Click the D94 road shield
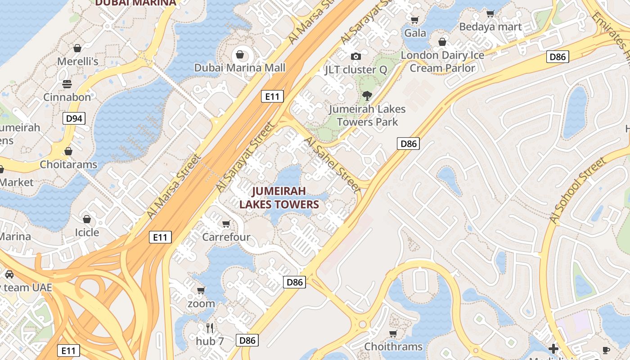pos(74,119)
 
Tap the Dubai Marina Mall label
pos(240,68)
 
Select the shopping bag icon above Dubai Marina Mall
pos(240,55)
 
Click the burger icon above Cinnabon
pos(67,84)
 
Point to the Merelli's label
pos(78,61)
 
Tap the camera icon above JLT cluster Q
pos(356,56)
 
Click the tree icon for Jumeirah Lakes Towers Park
pos(367,95)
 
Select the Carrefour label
pos(226,237)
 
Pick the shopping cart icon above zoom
pos(201,290)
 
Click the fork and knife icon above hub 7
pos(210,328)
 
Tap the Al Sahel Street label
pos(333,165)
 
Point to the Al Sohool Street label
pos(578,190)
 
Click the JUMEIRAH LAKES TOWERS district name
pos(279,198)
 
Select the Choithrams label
pos(393,346)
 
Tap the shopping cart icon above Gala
pos(415,20)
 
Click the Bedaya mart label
pos(490,27)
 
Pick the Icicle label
pos(87,232)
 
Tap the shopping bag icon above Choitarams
pos(68,151)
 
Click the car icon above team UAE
pos(9,274)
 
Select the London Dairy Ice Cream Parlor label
pos(442,62)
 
